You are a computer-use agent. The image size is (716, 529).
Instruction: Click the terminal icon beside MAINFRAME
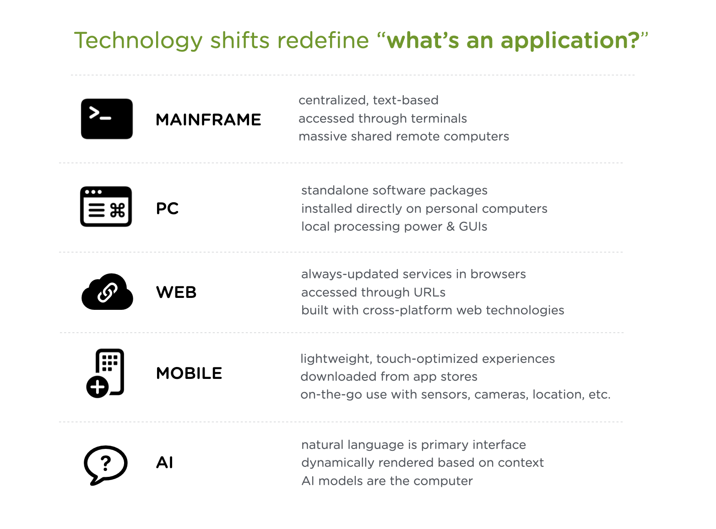pos(107,119)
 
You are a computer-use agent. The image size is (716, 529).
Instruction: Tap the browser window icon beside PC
pos(106,206)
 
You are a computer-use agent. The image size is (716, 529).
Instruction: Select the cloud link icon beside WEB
pos(107,291)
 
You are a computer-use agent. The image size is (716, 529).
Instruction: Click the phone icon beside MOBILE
pos(105,373)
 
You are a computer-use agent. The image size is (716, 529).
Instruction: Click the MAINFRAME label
pos(208,120)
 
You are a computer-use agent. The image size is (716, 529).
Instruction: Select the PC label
pos(167,209)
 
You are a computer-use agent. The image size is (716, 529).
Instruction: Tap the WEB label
pos(176,292)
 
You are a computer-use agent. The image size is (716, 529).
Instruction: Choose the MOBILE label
pos(189,373)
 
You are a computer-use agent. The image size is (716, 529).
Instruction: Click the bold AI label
pos(165,463)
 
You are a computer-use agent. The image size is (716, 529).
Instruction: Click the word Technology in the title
pos(138,41)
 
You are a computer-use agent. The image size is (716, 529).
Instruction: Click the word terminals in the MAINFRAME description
pos(439,119)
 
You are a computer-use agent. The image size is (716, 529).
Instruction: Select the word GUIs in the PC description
pos(473,227)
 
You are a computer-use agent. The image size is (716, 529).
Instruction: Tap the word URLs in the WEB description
pos(429,292)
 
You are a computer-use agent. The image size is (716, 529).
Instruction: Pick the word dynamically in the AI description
pos(338,463)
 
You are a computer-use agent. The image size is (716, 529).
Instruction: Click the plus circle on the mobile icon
pos(98,387)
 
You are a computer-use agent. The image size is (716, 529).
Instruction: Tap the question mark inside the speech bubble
pos(106,464)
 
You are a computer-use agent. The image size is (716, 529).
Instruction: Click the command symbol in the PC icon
pos(118,211)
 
